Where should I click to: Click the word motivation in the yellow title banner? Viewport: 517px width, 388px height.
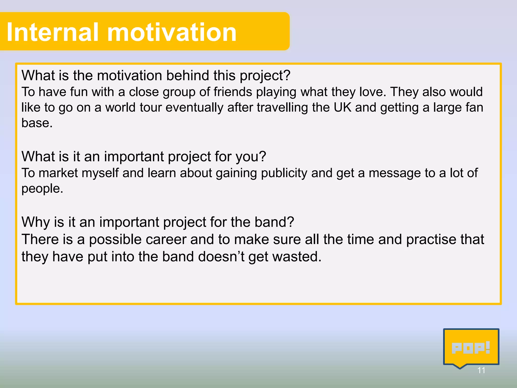[x=172, y=32]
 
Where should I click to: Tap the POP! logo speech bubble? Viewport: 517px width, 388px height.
[x=471, y=348]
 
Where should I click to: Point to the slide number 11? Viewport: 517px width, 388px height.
[x=481, y=370]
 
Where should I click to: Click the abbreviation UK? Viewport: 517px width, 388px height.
[x=342, y=107]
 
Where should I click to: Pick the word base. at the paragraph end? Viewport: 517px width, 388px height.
[x=37, y=123]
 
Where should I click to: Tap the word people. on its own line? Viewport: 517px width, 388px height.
[x=42, y=189]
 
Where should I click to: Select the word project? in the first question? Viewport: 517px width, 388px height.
[x=265, y=76]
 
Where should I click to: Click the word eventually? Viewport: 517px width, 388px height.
[x=194, y=107]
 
